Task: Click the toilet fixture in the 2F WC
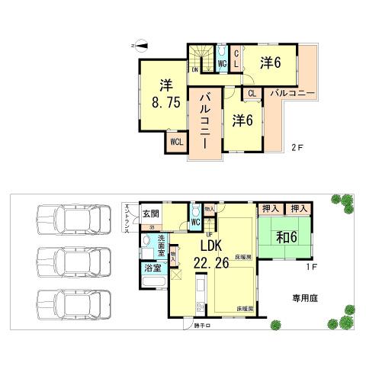pyautogui.click(x=221, y=53)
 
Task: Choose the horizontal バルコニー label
pyautogui.click(x=293, y=94)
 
